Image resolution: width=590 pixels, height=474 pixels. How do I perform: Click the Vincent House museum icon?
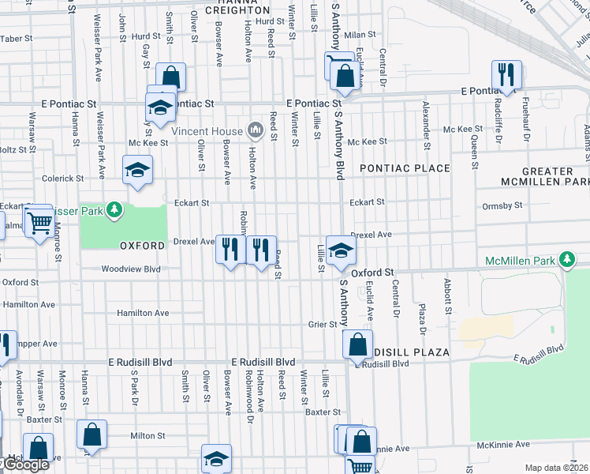pyautogui.click(x=255, y=129)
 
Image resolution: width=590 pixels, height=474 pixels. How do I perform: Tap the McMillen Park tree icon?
pyautogui.click(x=566, y=259)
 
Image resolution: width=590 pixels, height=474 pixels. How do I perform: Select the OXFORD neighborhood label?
pyautogui.click(x=143, y=246)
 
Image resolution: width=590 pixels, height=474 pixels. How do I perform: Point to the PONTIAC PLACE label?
pyautogui.click(x=405, y=168)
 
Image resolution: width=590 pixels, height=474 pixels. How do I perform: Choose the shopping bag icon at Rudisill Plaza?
pyautogui.click(x=357, y=344)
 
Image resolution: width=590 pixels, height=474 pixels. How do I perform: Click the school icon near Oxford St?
pyautogui.click(x=341, y=250)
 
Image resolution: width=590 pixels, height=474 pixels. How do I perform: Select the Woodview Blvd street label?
pyautogui.click(x=131, y=269)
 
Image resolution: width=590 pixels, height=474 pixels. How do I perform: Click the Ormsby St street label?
pyautogui.click(x=499, y=206)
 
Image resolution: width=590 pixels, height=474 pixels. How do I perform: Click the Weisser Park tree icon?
pyautogui.click(x=115, y=209)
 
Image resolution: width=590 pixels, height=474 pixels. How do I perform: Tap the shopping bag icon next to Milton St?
pyautogui.click(x=92, y=434)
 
